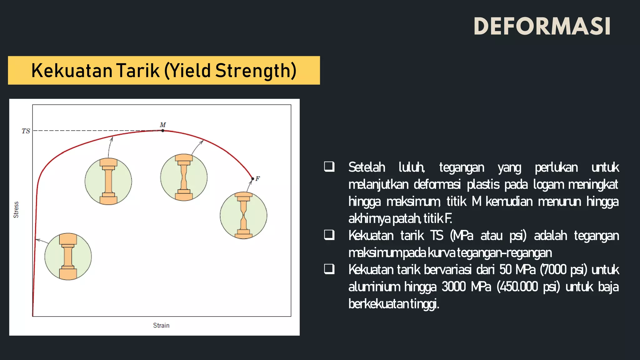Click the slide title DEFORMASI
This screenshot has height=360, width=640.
542,26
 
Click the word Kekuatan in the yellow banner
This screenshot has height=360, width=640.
72,71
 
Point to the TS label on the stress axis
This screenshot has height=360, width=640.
26,131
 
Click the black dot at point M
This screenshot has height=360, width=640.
163,131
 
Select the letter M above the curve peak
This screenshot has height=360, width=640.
163,125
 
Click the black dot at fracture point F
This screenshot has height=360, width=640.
253,179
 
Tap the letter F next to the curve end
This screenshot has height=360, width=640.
257,178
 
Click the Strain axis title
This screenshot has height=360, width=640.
161,325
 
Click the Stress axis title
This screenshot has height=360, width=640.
16,210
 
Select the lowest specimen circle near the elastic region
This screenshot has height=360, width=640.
68,257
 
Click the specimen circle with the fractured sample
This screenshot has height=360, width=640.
243,215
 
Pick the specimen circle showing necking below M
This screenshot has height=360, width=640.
184,177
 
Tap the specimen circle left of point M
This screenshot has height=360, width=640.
108,181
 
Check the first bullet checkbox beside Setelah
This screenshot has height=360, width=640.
329,167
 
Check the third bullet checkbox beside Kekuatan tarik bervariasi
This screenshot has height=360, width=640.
329,269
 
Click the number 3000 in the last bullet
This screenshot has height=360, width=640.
453,287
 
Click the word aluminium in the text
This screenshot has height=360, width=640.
374,287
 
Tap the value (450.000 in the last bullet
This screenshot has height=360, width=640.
517,287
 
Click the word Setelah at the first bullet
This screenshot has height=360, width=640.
367,167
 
